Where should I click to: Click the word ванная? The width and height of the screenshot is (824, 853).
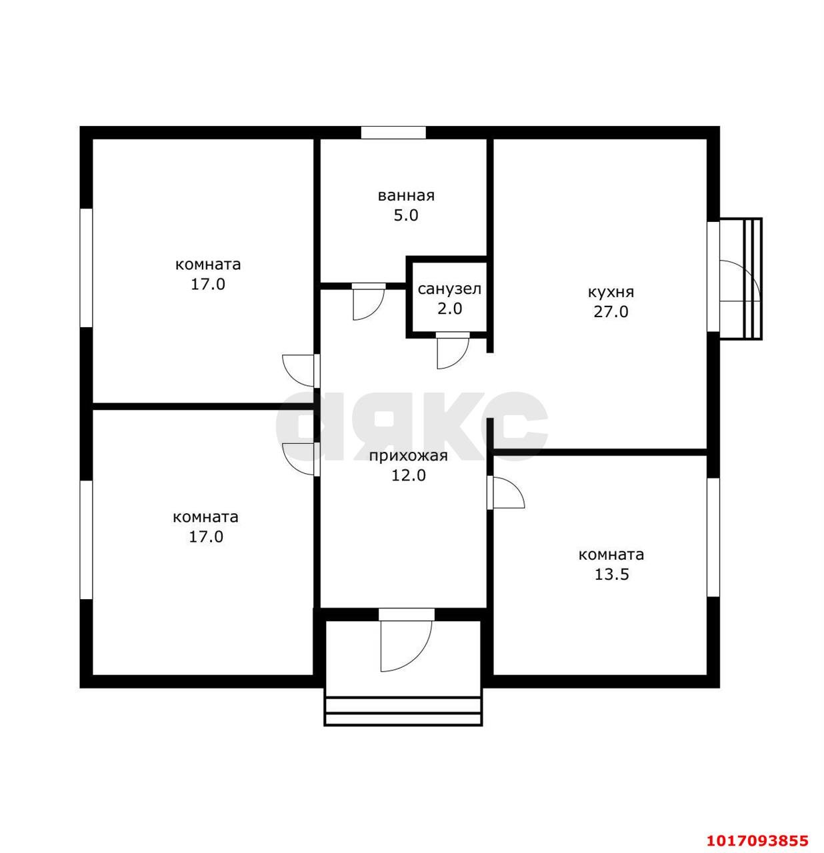tap(405, 195)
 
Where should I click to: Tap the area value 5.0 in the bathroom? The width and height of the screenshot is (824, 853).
tap(405, 216)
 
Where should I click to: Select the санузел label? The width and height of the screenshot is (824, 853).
tap(449, 289)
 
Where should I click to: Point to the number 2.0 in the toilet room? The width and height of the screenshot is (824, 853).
tap(449, 309)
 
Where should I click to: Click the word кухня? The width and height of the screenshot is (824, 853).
tap(611, 292)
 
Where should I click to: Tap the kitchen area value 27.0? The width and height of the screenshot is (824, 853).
tap(611, 312)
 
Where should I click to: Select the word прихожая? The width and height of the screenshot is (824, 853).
tap(408, 456)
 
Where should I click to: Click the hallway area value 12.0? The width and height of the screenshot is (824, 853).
tap(408, 476)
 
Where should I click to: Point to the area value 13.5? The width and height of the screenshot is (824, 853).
tap(611, 574)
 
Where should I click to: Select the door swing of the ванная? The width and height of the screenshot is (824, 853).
tap(369, 302)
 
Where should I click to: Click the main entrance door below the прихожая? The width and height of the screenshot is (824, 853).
tap(407, 640)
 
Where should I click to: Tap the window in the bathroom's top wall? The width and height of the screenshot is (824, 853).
tap(393, 133)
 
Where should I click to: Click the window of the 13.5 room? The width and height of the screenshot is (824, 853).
tap(713, 537)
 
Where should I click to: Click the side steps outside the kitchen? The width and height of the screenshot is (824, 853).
tap(753, 279)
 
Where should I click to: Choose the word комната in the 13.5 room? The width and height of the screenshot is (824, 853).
tap(611, 554)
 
